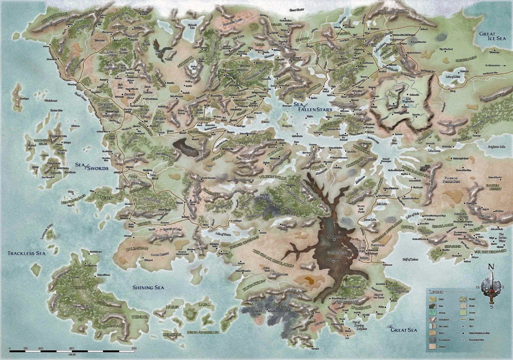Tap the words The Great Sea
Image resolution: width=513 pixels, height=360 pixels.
click(x=400, y=330)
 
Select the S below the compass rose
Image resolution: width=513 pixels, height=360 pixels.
click(x=492, y=306)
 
